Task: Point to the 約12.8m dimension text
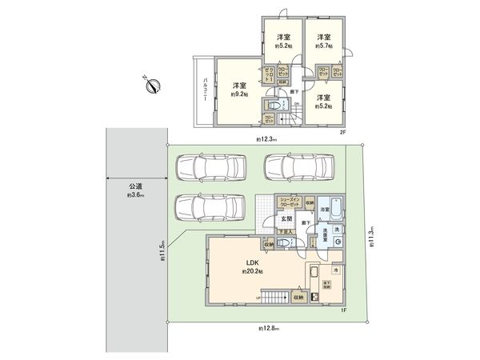[x=269, y=328]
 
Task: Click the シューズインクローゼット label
[x=290, y=202]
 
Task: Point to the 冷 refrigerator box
[x=335, y=270]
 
